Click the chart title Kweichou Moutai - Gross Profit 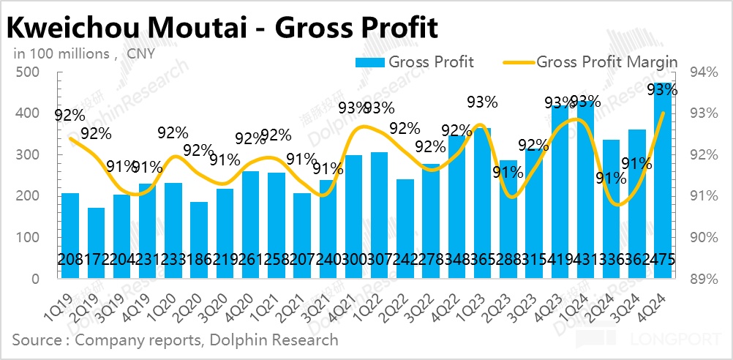[x=222, y=28]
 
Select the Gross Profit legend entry [x=414, y=61]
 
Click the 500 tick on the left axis [x=31, y=72]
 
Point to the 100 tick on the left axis [x=31, y=238]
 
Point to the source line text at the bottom [x=176, y=340]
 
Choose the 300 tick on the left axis [x=31, y=155]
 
